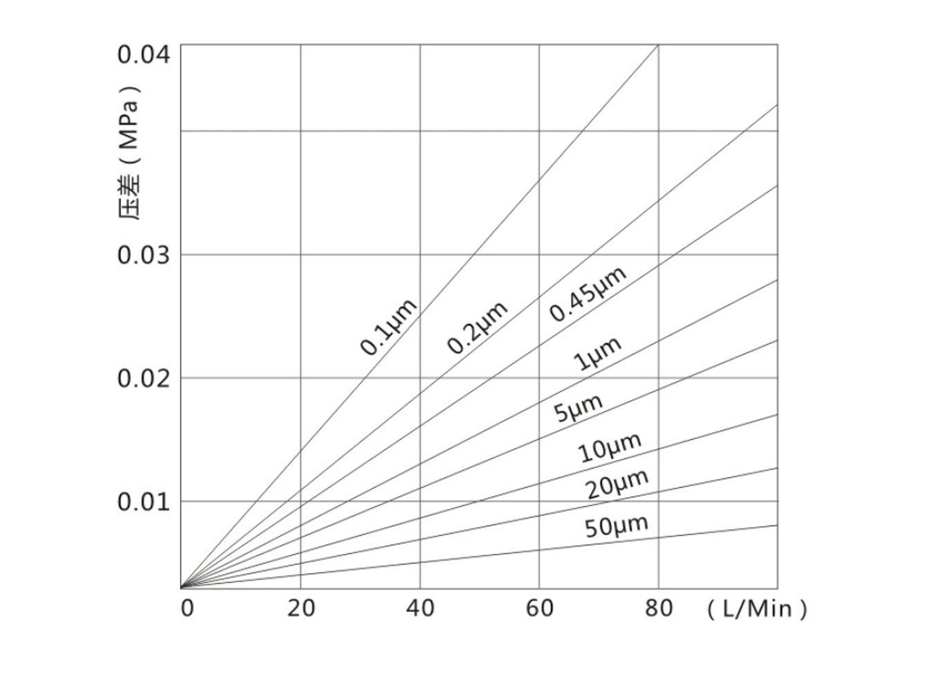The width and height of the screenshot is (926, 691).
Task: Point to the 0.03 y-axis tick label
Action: coord(143,255)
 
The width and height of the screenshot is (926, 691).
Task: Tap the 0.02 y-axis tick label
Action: coord(143,379)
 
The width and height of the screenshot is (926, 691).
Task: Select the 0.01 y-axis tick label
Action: coord(143,501)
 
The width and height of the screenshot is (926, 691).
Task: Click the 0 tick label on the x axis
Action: coord(187,609)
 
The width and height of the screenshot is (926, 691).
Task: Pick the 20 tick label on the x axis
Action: coord(300,609)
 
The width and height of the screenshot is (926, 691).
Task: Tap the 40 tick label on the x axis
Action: coord(420,609)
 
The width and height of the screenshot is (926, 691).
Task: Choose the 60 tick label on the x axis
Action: coord(540,609)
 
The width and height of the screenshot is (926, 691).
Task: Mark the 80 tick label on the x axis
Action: coord(659,609)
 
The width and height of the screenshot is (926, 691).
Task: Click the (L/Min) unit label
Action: coord(757,609)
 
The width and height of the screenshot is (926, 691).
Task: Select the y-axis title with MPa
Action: coord(129,152)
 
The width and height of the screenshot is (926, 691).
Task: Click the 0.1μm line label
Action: coord(389,327)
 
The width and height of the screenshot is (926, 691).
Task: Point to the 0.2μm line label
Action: coord(477,327)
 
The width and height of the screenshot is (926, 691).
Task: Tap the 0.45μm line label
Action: coord(588,294)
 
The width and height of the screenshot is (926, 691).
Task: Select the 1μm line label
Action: coord(597,354)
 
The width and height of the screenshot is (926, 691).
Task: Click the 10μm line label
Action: coord(610,447)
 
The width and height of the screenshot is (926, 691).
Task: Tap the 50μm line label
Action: coord(617,526)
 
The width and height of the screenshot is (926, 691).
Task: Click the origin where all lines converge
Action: coord(181,587)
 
